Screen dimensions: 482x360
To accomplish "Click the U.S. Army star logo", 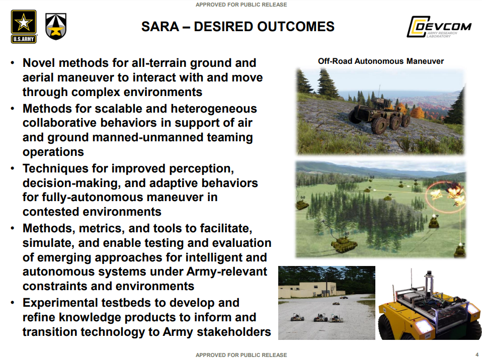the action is coord(24,27).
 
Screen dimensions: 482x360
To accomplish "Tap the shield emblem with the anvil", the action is coord(56,27).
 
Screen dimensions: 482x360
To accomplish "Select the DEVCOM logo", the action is coord(439,27).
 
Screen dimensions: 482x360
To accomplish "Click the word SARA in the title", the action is coord(160,27).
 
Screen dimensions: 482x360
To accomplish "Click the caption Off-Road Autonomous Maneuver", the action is coord(381,61).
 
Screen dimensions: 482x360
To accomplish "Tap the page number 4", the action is coord(477,355).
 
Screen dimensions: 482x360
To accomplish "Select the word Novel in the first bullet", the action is coord(39,63).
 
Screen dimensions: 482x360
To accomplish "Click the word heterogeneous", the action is coord(214,109).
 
